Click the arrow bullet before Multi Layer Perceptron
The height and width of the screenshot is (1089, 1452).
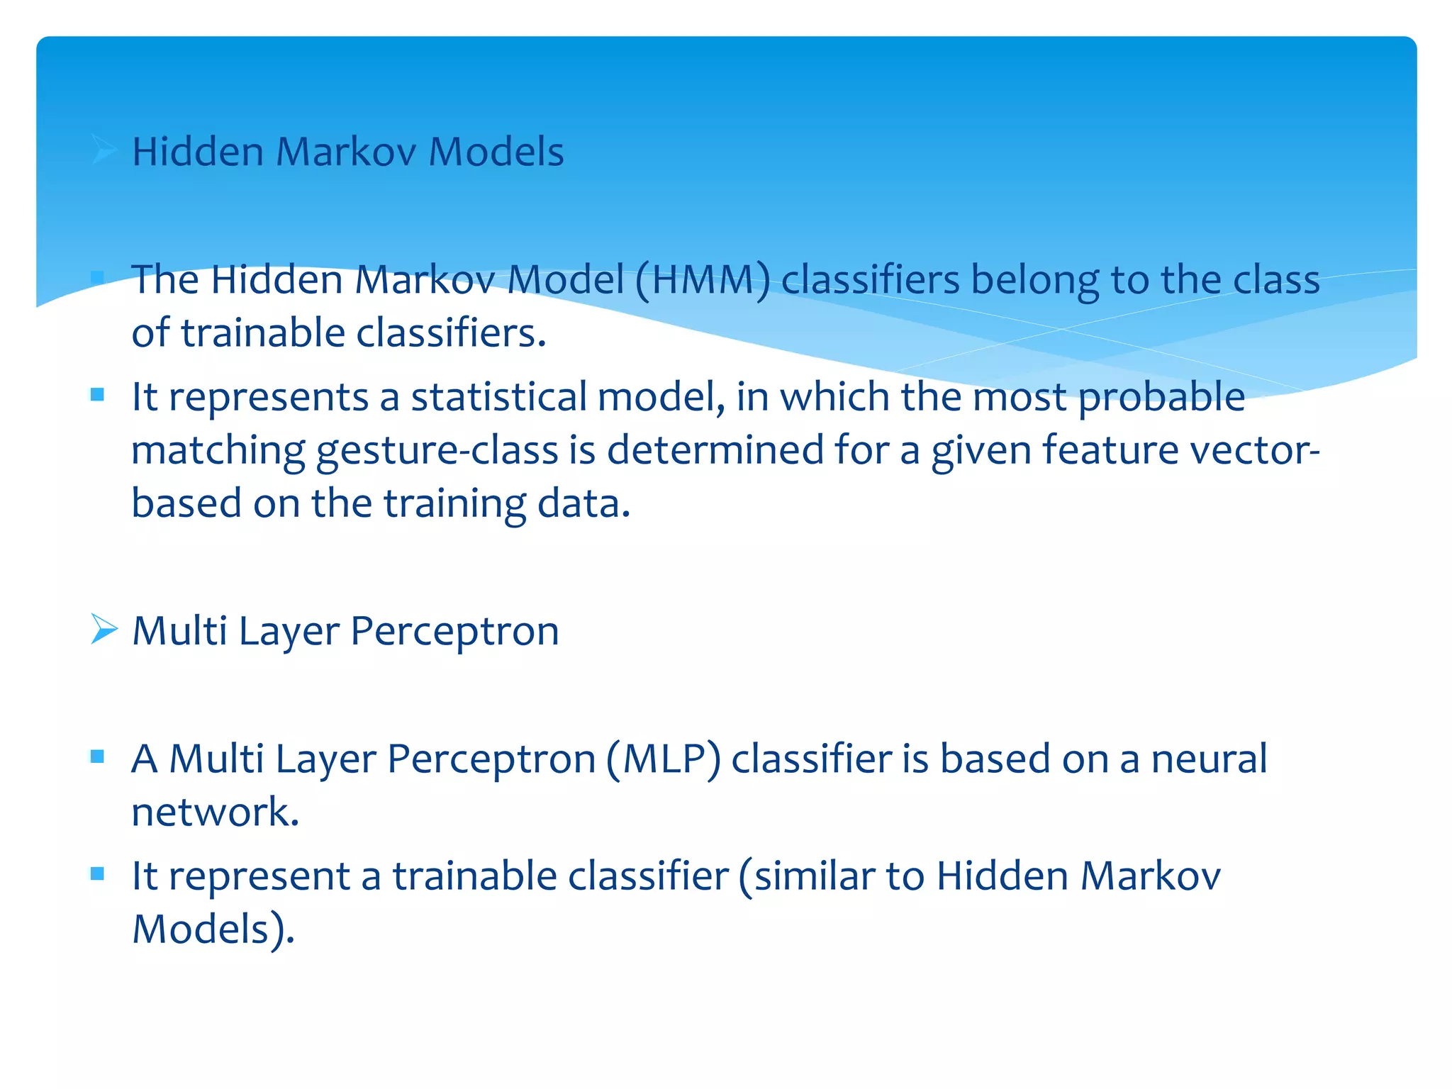(x=104, y=630)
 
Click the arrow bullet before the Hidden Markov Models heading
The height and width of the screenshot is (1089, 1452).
(x=104, y=150)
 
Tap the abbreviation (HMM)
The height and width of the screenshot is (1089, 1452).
(x=703, y=280)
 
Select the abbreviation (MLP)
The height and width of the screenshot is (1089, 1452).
(x=663, y=759)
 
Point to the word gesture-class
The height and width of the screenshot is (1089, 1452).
(x=437, y=451)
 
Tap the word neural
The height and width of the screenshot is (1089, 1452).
(x=1209, y=759)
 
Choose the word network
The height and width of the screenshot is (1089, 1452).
(x=215, y=812)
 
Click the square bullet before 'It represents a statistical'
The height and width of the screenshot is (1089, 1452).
(x=98, y=394)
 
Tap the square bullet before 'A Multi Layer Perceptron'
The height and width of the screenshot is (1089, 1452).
(x=98, y=756)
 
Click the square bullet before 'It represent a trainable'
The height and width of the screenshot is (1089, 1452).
(x=98, y=873)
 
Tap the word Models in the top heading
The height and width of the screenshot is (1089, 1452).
(x=496, y=152)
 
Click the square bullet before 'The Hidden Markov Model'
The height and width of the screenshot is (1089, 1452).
(x=98, y=277)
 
